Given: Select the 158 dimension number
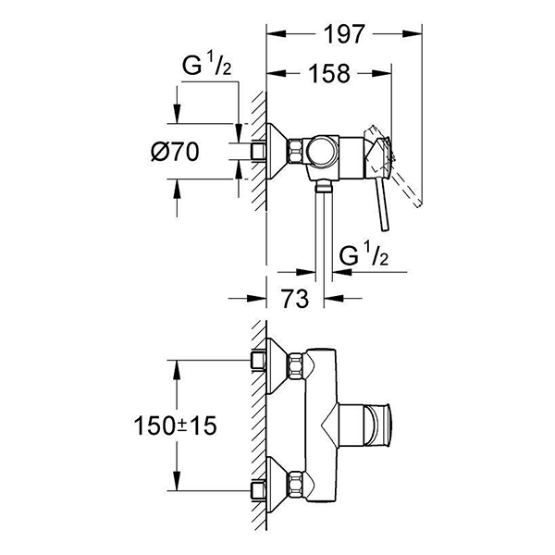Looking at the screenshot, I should (330, 74).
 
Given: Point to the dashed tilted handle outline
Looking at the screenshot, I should (407, 166).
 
